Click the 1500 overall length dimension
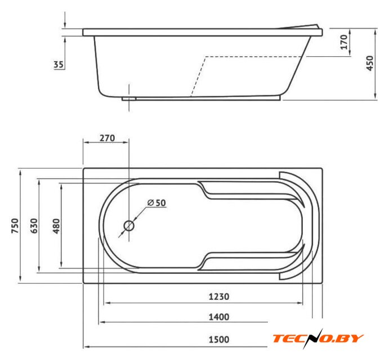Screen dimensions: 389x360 219,339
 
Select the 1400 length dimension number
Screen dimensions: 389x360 219,317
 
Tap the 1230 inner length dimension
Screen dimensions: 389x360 219,296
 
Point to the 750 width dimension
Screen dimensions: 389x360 15,226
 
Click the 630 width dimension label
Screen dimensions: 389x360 34,226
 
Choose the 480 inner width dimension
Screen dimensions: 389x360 56,226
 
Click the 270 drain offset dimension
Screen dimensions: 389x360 107,138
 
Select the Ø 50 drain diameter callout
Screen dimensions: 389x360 157,202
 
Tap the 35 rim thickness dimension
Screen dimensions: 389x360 59,65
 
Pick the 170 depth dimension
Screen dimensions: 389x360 344,42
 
